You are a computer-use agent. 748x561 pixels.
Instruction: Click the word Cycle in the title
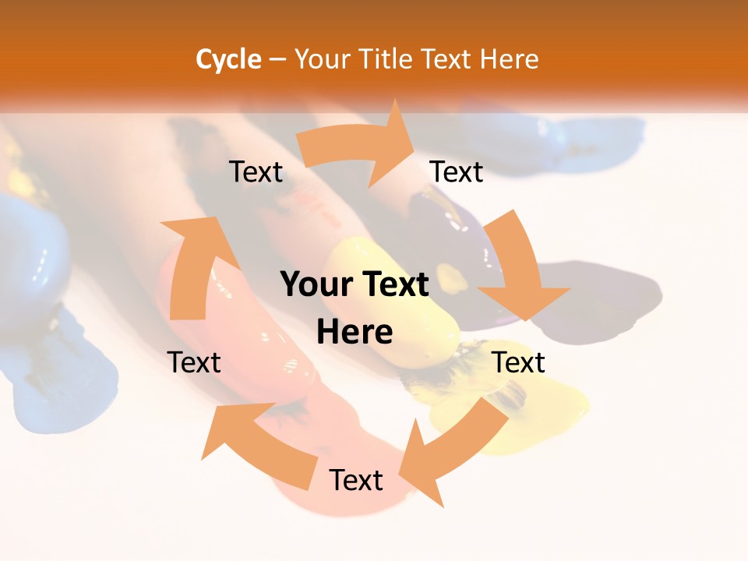228,59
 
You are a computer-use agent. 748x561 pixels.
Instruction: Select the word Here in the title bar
510,59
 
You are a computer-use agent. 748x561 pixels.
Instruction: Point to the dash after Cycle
277,59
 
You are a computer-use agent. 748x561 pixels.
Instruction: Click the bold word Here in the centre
355,333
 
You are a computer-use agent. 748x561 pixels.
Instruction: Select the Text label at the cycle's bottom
356,481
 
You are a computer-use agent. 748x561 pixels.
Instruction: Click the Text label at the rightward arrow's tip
457,172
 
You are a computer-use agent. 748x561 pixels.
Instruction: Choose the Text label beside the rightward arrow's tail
256,172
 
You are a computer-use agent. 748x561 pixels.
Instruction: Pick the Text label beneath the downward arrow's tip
518,362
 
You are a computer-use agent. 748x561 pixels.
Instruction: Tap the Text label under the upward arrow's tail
194,362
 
